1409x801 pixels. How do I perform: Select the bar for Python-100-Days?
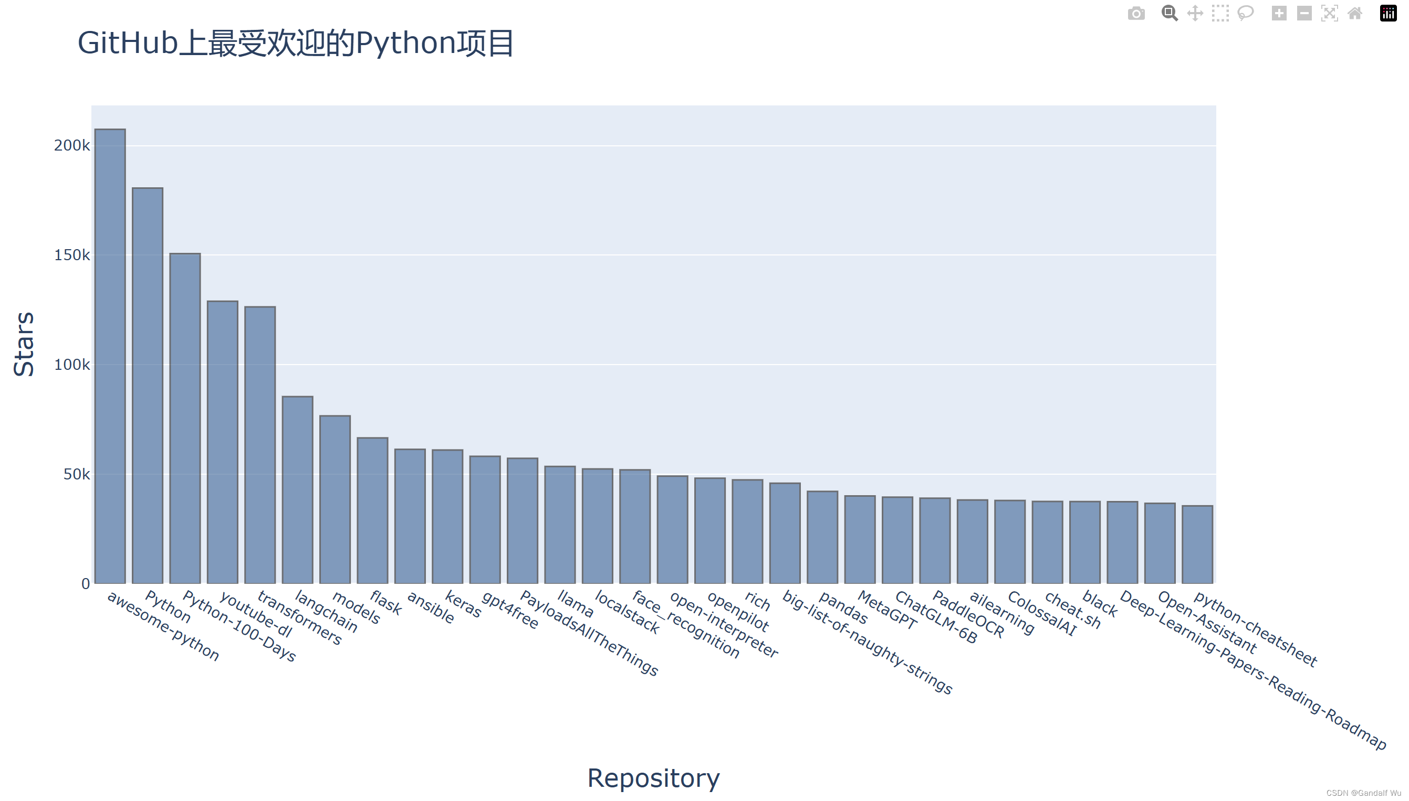(x=185, y=418)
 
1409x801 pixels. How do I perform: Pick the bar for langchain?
(x=297, y=489)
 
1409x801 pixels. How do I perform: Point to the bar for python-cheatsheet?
(x=1197, y=544)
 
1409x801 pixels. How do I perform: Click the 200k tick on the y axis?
(x=71, y=146)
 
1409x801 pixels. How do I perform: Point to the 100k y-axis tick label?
(x=71, y=365)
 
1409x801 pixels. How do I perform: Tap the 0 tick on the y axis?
(x=86, y=584)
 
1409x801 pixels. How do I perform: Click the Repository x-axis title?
(x=654, y=778)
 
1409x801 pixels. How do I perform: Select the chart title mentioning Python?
(x=296, y=43)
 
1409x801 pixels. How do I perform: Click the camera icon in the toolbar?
(x=1136, y=13)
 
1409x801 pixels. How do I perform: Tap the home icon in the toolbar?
(x=1354, y=13)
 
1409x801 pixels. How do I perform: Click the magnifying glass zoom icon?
(x=1169, y=13)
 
